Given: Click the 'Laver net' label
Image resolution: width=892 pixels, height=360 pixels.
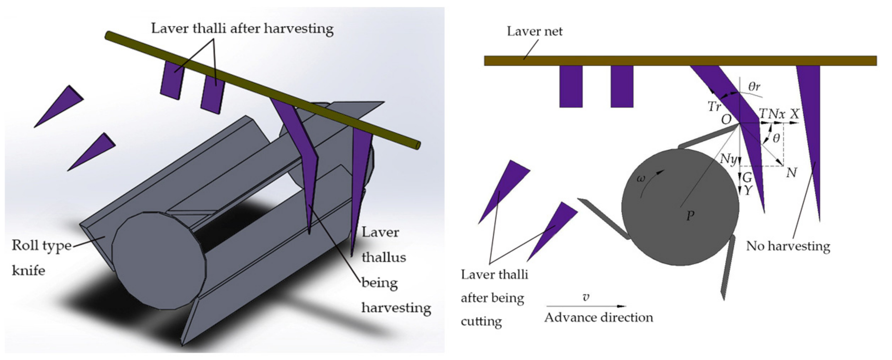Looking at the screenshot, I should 534,31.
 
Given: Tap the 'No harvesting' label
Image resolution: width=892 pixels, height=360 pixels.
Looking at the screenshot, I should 788,246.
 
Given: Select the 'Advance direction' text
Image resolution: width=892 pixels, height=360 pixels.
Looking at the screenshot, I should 598,317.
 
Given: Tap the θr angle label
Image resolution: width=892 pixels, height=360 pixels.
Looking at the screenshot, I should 754,86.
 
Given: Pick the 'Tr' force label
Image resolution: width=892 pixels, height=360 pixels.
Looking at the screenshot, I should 714,106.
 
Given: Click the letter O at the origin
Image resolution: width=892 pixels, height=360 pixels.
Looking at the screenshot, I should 726,120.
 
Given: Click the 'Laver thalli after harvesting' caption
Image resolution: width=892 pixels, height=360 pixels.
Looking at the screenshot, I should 242,28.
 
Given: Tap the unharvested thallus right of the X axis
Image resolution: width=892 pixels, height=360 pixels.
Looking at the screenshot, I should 812,138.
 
